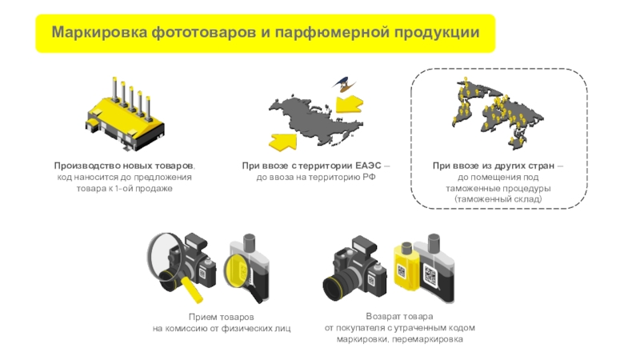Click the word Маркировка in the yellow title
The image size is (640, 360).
(99, 32)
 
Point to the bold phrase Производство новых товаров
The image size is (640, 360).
(124, 166)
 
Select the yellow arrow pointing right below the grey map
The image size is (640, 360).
(282, 142)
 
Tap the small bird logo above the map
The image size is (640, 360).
(343, 83)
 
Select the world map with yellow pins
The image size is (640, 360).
(497, 110)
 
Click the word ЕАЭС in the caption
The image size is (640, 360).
(368, 166)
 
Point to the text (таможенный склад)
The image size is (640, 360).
(498, 199)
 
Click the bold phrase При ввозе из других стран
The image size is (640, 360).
(494, 166)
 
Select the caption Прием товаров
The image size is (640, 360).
(222, 317)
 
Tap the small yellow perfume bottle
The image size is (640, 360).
(405, 267)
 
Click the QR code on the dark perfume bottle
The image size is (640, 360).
(430, 275)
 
